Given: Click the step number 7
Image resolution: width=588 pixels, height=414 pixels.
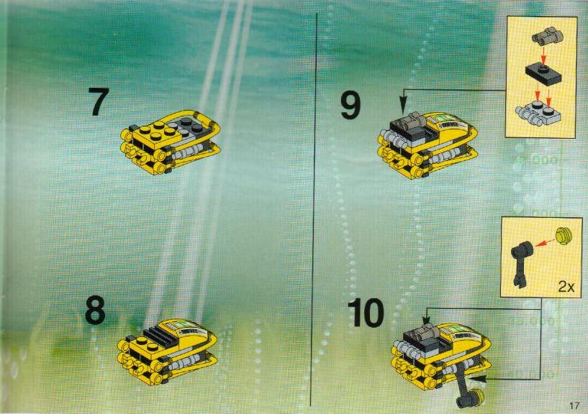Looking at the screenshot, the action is pos(99,101).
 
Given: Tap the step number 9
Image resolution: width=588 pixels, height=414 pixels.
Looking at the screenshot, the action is pos(350,106).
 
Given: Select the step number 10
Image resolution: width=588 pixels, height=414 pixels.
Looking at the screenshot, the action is pos(366,313).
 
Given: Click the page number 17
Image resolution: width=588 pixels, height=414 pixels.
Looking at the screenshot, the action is pos(574,405).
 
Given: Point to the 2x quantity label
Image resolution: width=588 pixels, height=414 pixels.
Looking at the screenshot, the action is pos(566,287).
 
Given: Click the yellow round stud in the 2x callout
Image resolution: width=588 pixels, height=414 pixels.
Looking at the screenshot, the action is pos(564,235).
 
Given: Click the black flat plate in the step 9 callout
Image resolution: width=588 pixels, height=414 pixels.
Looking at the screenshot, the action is pos(543,73).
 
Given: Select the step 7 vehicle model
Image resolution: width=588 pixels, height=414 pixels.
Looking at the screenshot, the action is pos(171,142).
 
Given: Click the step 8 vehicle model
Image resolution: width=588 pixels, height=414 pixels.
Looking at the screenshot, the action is pos(168,351).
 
